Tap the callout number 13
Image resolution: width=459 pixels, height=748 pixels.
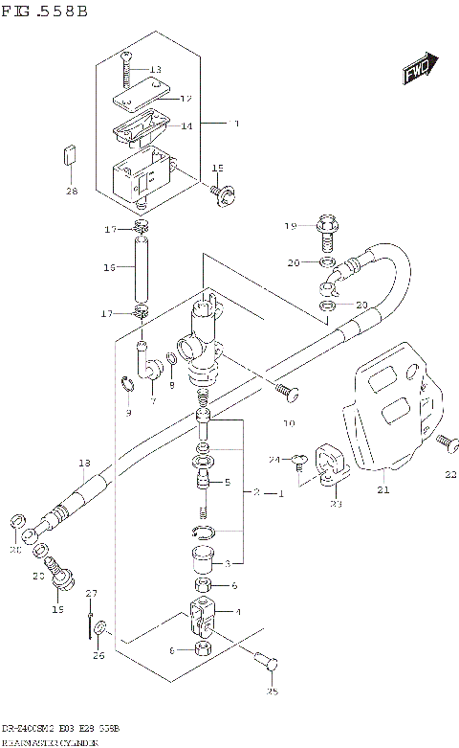pos(156,70)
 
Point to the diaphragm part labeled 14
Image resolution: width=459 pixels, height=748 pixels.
pos(138,128)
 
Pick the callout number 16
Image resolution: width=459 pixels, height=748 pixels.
pos(111,269)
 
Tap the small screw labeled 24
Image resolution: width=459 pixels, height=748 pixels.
pos(299,464)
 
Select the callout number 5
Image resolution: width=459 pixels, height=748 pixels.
pos(228,483)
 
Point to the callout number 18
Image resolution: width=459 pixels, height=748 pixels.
pos(83,464)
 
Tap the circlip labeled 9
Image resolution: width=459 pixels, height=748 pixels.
pos(127,387)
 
